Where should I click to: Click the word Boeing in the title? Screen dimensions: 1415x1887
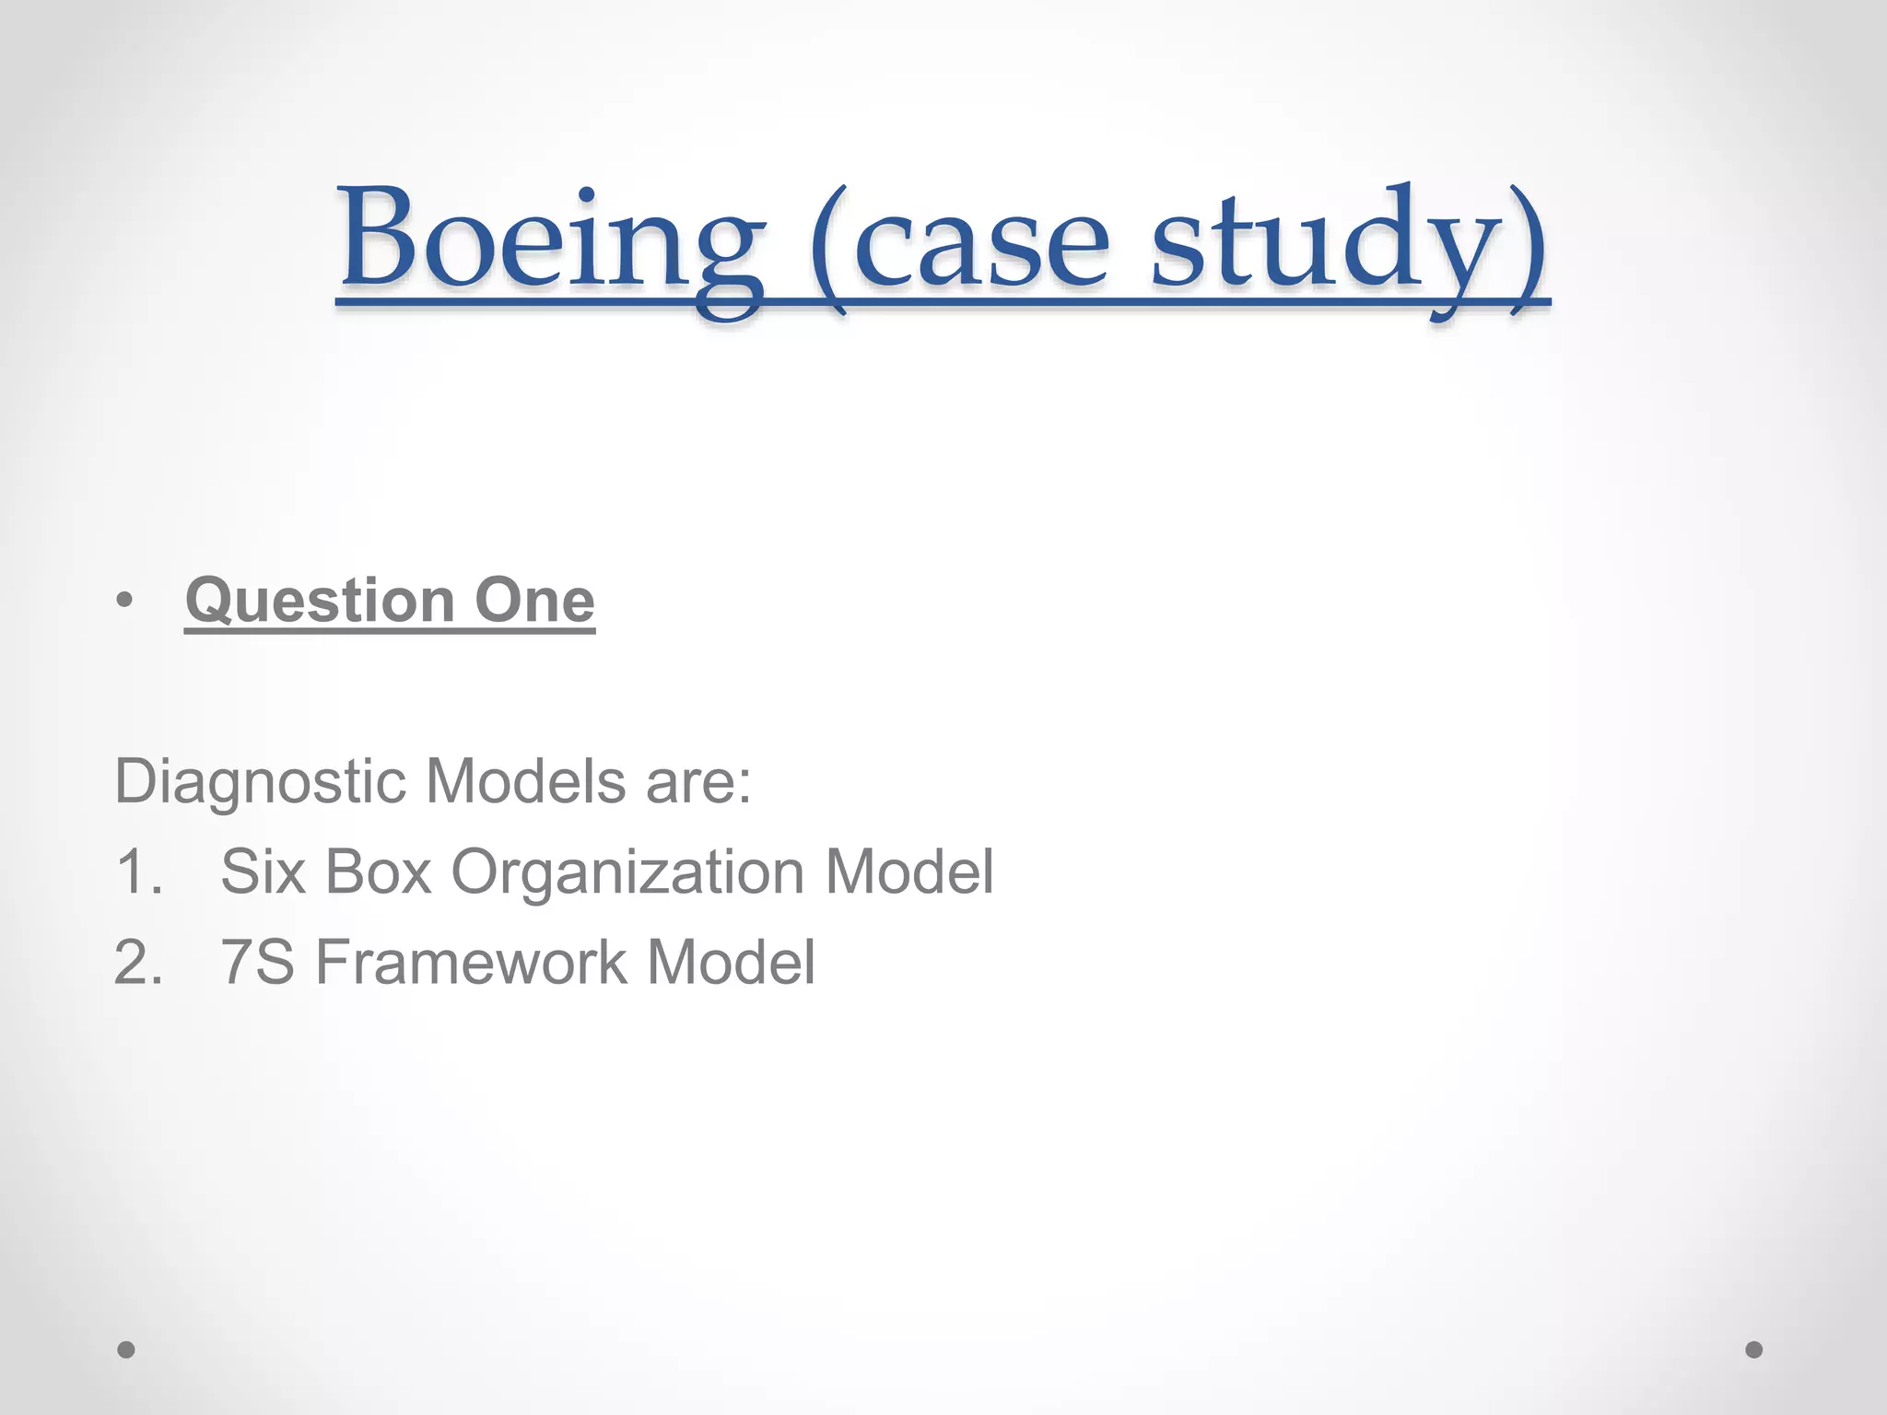551,241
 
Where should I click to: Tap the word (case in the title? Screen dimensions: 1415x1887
960,241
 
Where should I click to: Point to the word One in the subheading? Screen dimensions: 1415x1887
534,601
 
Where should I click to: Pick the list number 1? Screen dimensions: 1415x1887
138,871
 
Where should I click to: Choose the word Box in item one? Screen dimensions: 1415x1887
379,871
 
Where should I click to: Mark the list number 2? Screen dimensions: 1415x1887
138,963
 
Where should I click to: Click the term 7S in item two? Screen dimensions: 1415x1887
257,963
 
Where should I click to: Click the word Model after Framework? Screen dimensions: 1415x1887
731,963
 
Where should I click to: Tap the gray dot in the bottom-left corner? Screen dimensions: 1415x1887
126,1350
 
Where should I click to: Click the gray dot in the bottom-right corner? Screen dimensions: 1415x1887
1754,1350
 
